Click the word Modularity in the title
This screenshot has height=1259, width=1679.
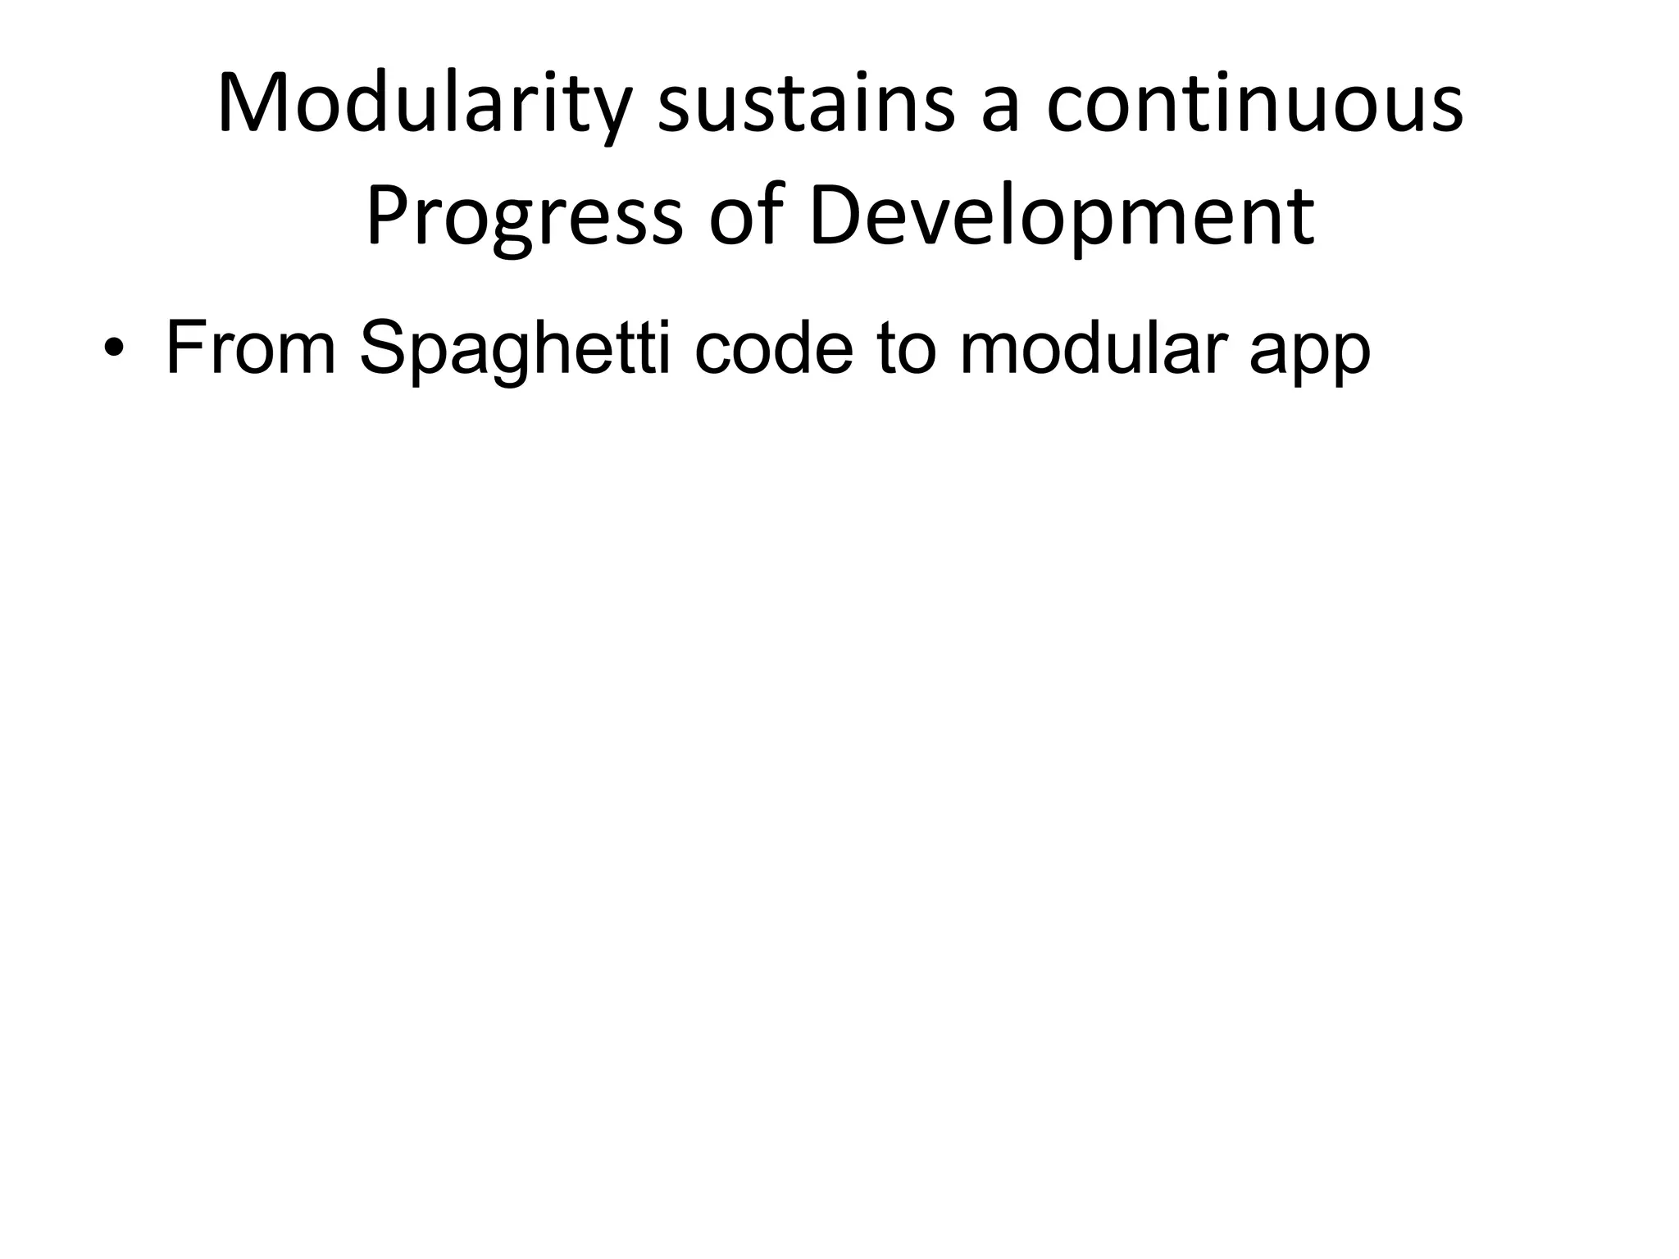(426, 106)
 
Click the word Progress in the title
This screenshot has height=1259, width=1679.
(524, 217)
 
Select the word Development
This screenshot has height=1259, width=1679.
(1062, 217)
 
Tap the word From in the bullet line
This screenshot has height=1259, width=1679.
(250, 348)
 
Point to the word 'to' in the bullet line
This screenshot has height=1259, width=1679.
(907, 348)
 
